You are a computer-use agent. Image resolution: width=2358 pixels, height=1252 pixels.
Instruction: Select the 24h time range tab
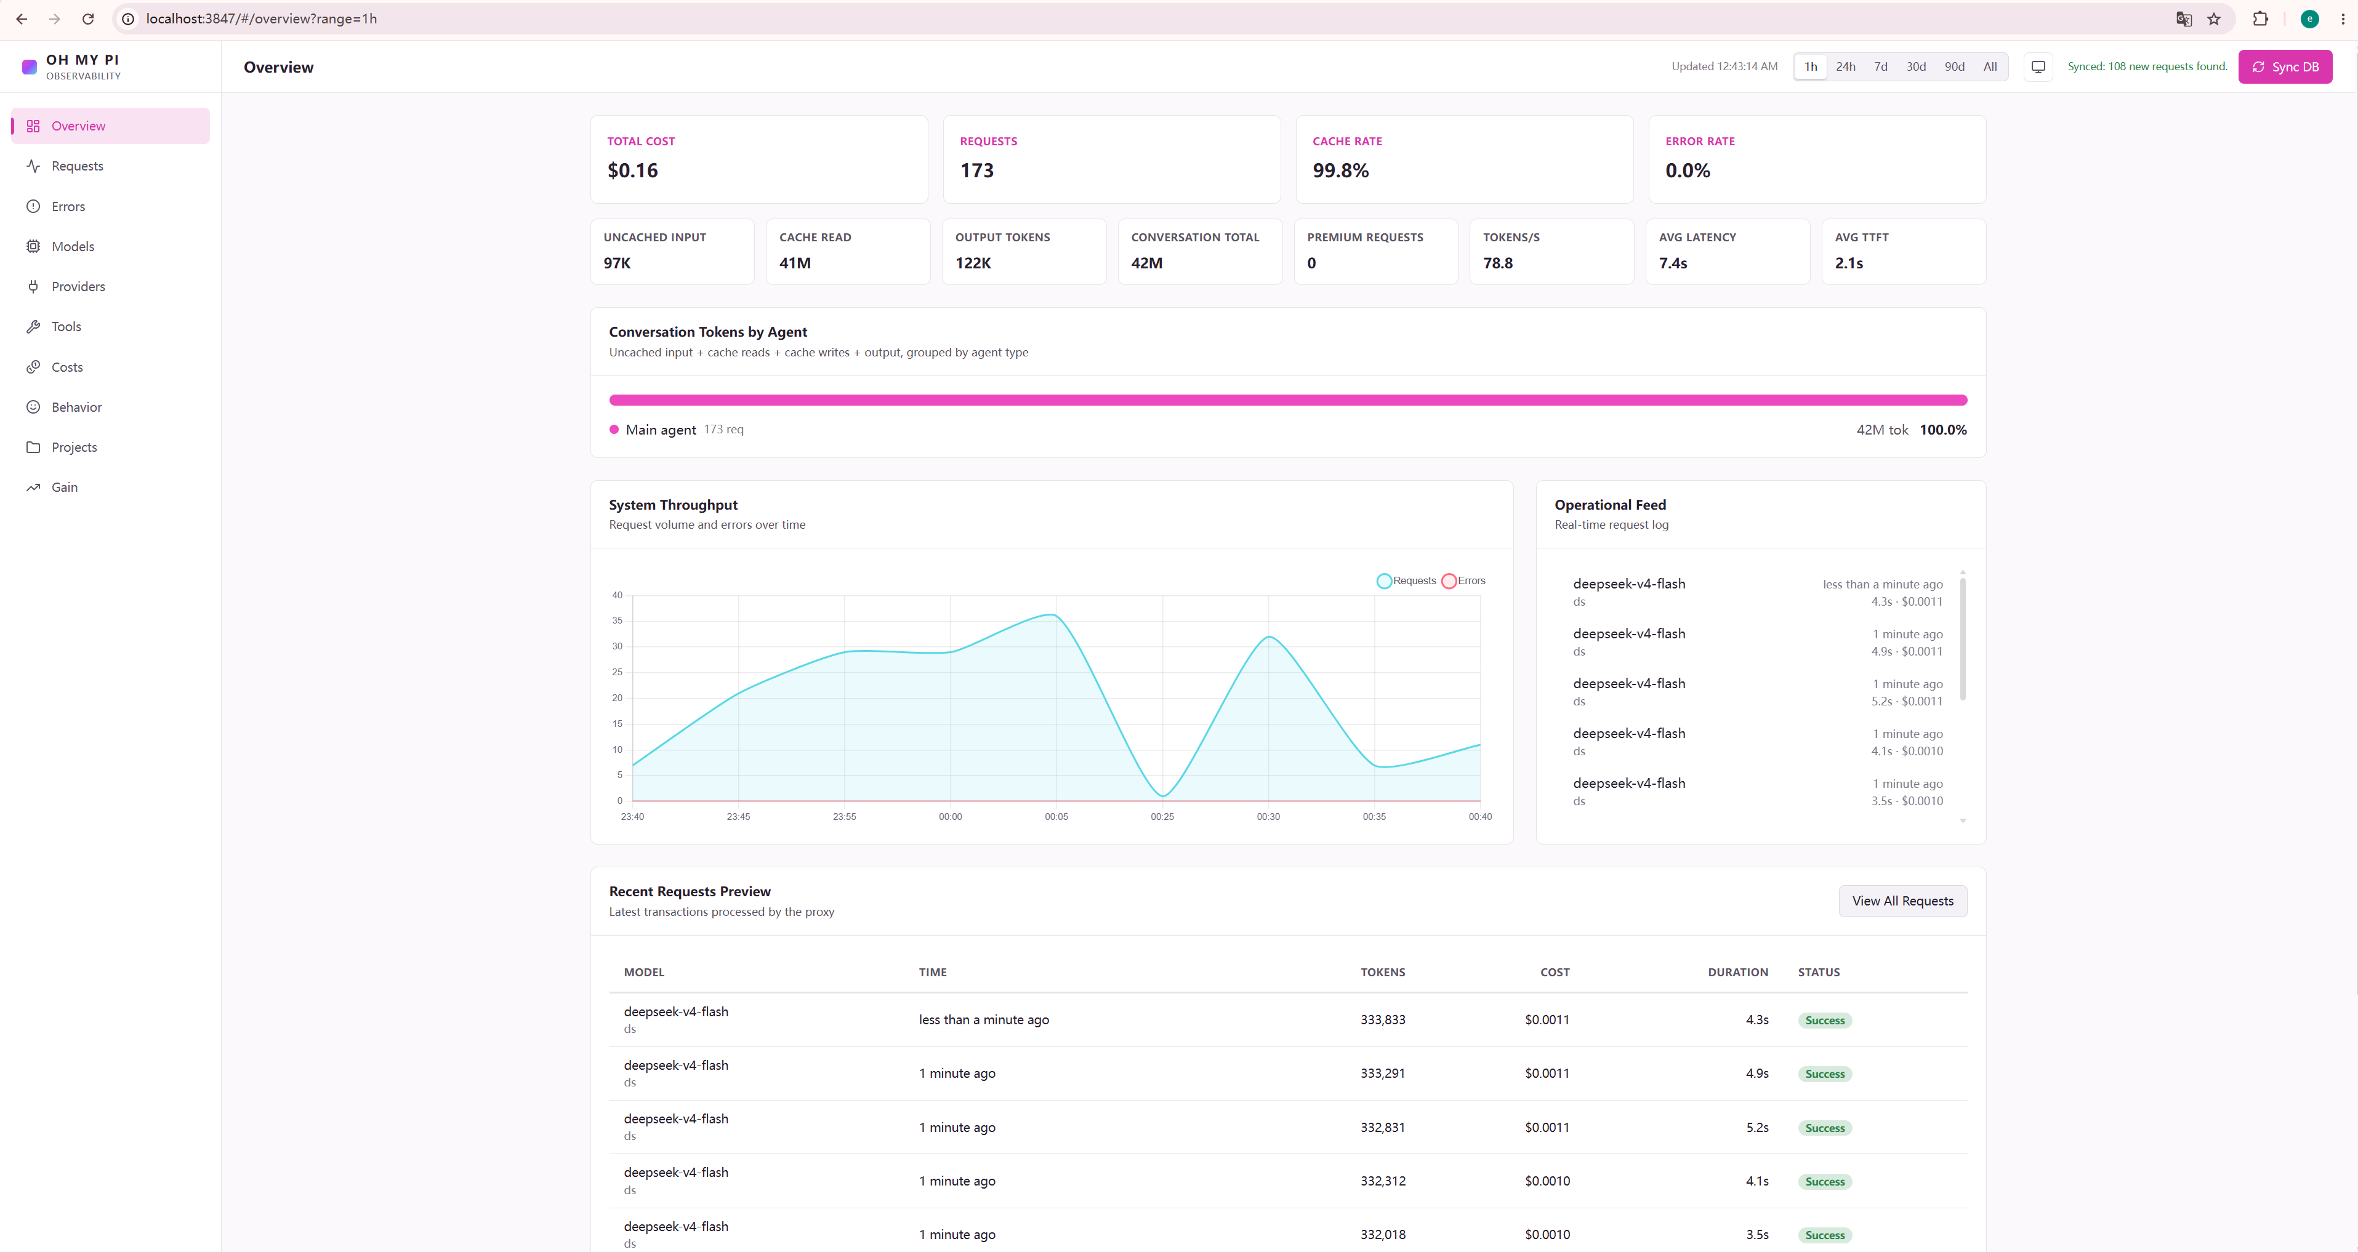coord(1845,67)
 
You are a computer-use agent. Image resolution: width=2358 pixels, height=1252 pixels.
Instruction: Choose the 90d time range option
coord(1954,67)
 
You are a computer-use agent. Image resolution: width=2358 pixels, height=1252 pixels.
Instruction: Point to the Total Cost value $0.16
coord(632,171)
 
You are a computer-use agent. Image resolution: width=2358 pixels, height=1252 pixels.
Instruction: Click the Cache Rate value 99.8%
coord(1340,171)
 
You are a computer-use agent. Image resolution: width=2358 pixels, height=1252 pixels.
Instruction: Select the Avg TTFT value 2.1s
coord(1848,263)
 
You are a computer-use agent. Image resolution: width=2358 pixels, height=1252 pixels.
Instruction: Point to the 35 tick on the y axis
coord(617,620)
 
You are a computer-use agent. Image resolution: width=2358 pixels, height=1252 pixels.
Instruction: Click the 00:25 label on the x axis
coord(1162,816)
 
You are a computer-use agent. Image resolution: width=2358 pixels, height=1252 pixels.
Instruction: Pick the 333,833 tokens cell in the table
coord(1382,1019)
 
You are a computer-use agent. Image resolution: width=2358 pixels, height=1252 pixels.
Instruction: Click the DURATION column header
coord(1737,972)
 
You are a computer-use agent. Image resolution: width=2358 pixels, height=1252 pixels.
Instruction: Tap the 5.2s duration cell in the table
coord(1756,1128)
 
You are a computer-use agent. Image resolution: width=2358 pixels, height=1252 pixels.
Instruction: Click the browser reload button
coord(88,19)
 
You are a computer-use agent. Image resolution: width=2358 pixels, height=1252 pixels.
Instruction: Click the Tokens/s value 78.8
coord(1497,263)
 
